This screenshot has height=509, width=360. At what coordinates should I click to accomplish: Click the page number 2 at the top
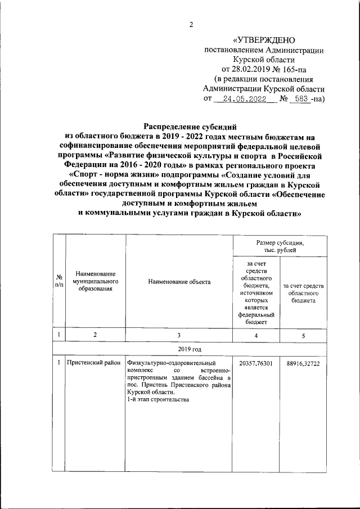[x=191, y=24]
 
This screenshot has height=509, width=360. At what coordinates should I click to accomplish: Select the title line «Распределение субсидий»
[x=191, y=127]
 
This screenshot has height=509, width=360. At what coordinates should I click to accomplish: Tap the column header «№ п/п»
[x=59, y=282]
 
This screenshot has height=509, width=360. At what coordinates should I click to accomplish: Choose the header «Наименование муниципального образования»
[x=95, y=282]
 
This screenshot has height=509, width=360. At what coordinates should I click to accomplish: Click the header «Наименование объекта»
[x=179, y=282]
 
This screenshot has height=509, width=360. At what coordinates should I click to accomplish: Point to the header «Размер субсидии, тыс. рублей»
[x=280, y=246]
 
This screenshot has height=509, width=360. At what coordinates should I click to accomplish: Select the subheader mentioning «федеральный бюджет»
[x=256, y=293]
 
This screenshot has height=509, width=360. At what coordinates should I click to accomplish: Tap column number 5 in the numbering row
[x=303, y=336]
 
